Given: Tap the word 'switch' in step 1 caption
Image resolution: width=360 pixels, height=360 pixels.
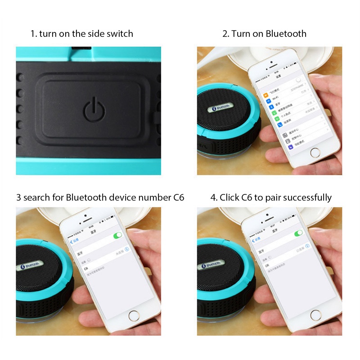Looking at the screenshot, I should coord(120,34).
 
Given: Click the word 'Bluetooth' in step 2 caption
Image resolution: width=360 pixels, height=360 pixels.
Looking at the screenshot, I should coord(286,34).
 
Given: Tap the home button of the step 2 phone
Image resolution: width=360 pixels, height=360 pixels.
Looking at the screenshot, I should coord(315,152).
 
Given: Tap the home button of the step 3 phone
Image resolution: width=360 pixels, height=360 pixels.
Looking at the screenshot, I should coord(135,315).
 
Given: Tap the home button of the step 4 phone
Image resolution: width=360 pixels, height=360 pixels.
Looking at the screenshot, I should coord(315,315).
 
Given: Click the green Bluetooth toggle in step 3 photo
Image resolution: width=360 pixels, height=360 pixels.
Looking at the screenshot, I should coord(118,235).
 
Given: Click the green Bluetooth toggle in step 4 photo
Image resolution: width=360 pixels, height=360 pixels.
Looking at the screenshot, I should coord(298,234).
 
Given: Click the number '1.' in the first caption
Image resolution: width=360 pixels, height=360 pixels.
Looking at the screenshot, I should coord(33,34).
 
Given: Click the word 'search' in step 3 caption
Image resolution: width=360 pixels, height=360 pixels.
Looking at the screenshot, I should coord(36,198).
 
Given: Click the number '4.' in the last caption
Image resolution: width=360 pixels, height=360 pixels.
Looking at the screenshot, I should coord(214,198).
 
